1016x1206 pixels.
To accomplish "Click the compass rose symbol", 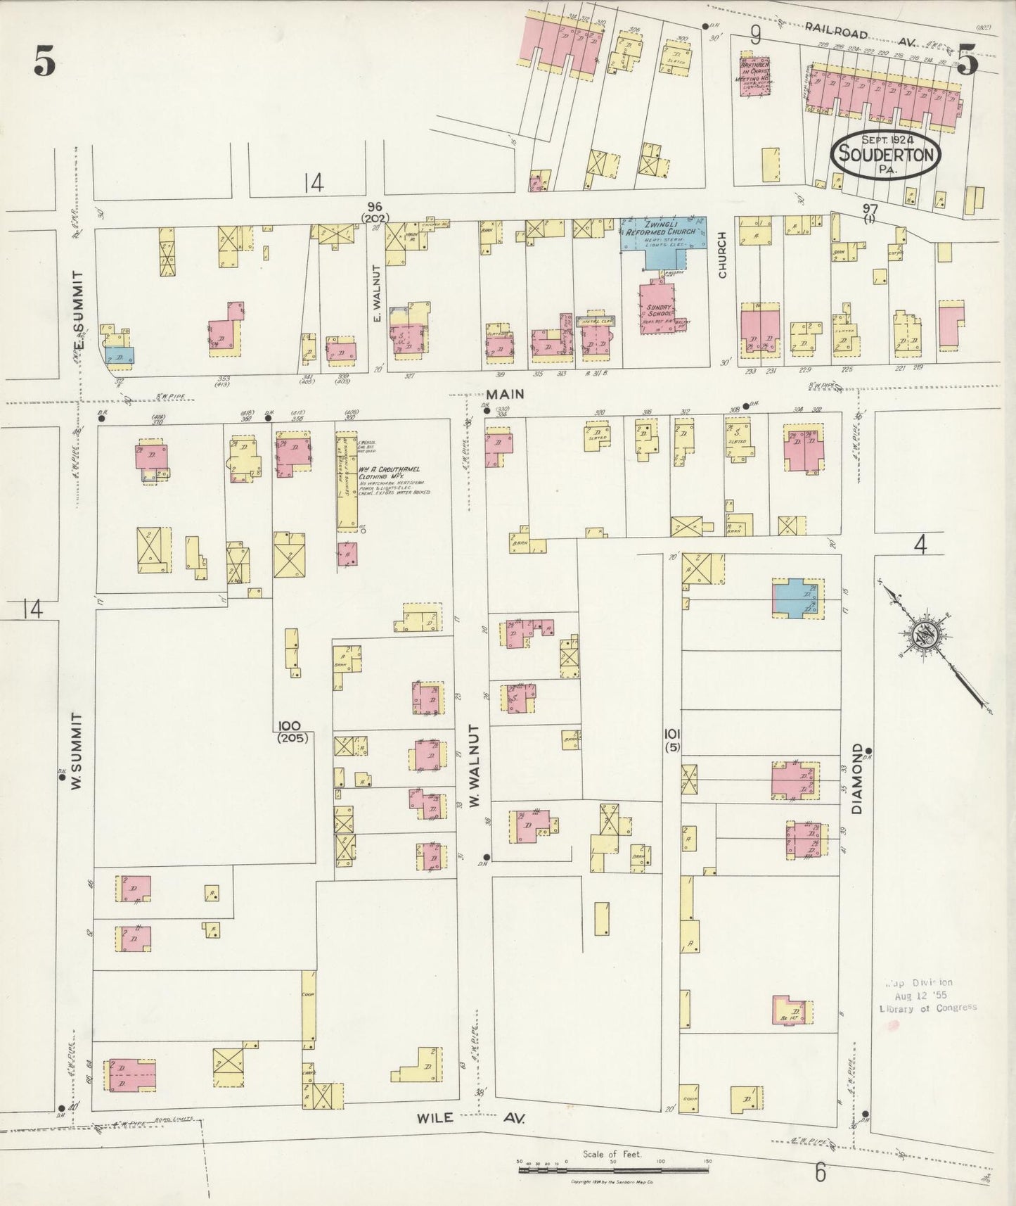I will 922,637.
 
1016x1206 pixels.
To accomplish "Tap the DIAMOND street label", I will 857,778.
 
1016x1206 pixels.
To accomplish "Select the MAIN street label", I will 507,394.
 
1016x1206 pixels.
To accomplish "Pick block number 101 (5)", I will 672,740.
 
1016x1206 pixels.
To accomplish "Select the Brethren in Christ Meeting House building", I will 754,75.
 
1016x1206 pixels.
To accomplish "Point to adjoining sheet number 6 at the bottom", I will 820,1172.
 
